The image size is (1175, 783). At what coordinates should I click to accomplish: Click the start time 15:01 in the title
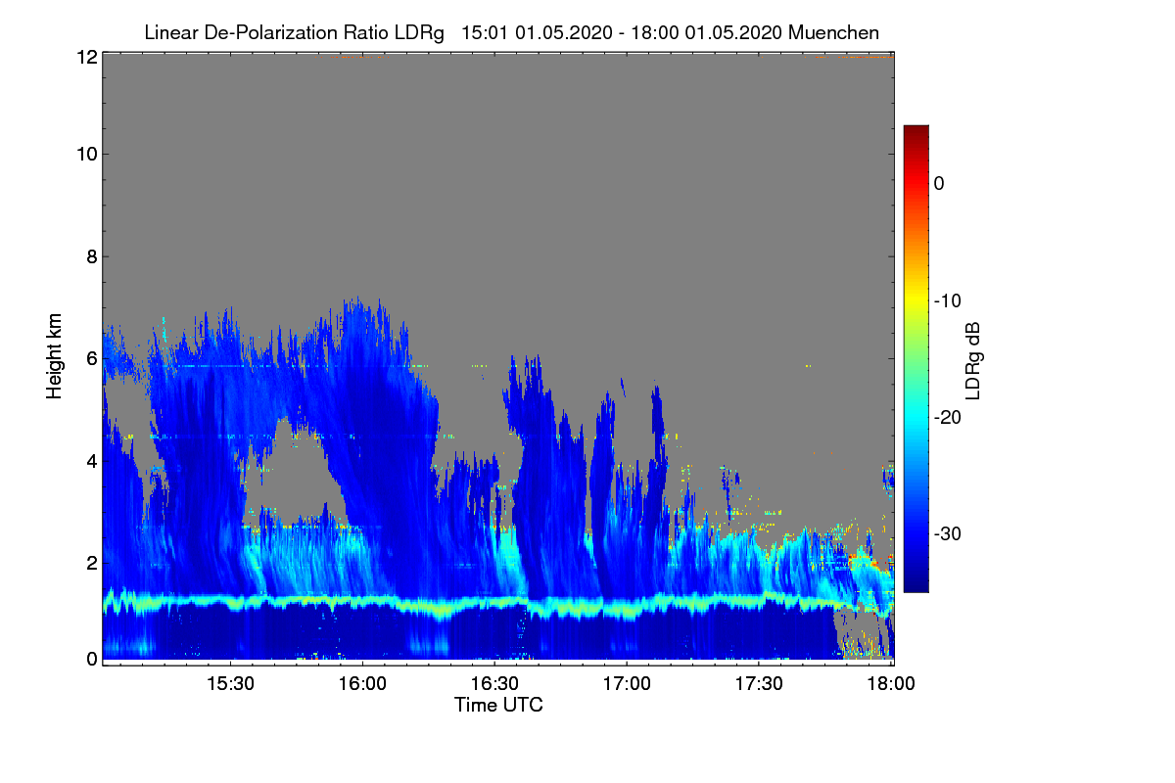[x=482, y=32]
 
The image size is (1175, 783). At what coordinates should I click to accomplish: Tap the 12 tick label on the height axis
[x=86, y=58]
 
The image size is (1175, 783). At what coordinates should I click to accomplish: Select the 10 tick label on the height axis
[x=86, y=154]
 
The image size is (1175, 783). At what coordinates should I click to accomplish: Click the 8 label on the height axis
[x=91, y=256]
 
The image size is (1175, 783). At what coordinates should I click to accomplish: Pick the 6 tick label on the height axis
[x=91, y=358]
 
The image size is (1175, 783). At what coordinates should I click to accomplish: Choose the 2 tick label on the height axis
[x=91, y=563]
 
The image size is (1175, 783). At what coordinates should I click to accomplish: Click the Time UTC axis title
[x=498, y=705]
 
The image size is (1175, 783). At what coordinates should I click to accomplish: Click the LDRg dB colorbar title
[x=973, y=361]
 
